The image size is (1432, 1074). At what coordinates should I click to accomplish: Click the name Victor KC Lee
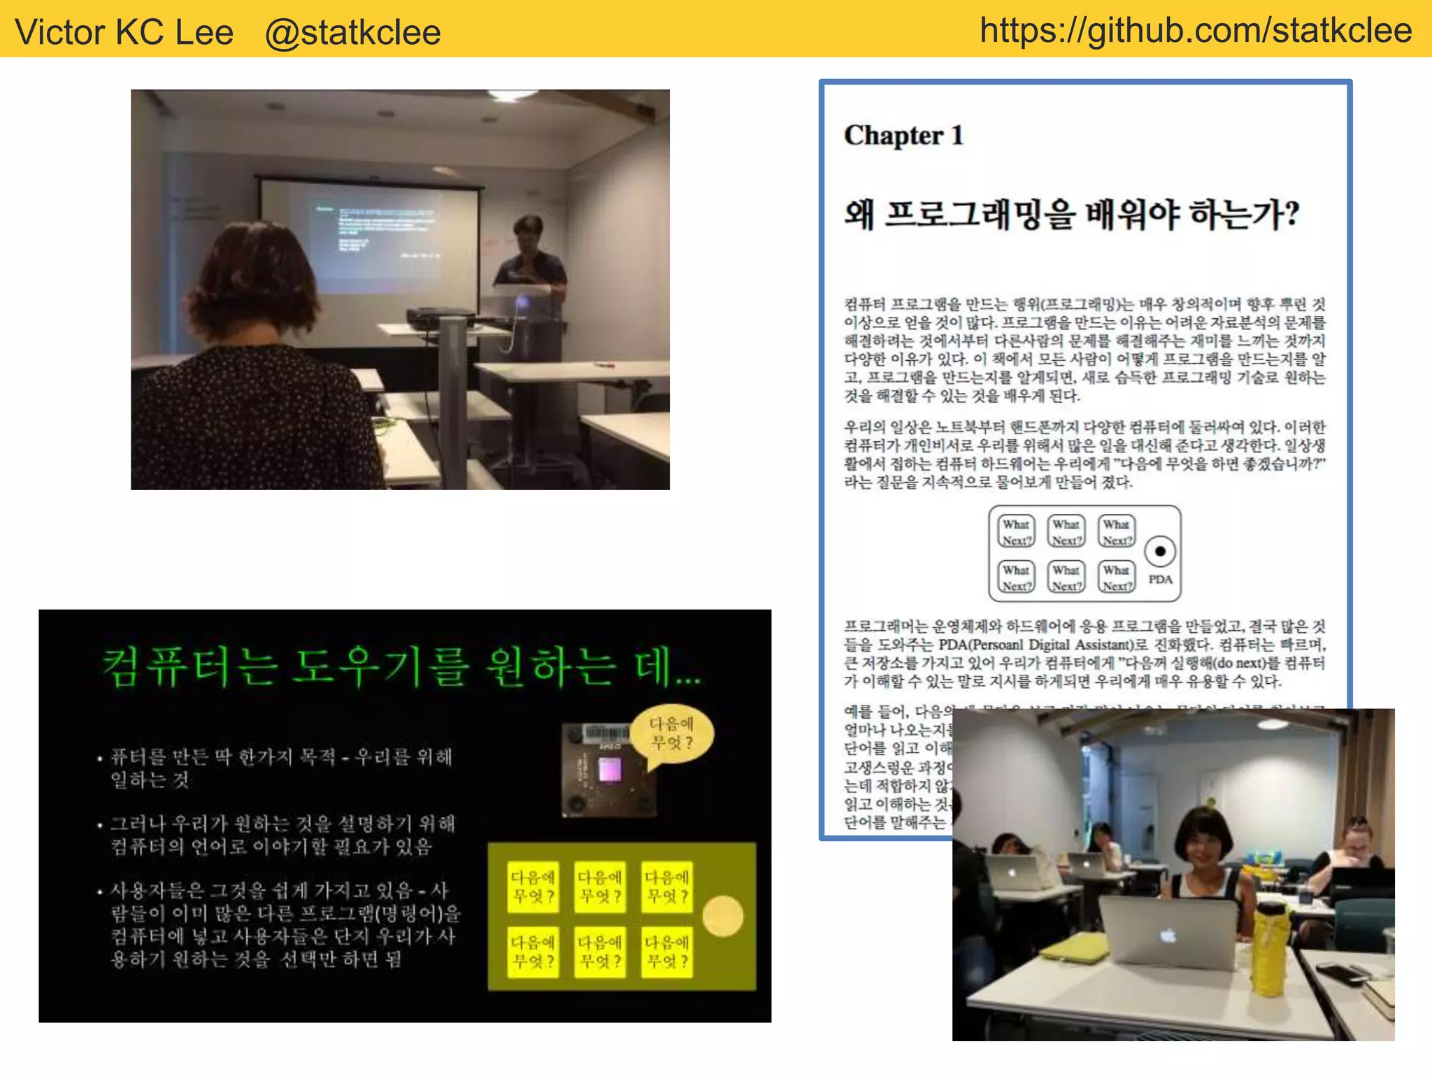point(124,32)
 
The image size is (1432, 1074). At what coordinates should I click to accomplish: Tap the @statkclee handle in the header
point(352,32)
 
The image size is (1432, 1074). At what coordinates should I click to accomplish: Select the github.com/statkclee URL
point(1196,31)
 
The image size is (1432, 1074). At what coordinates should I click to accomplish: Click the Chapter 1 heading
point(903,135)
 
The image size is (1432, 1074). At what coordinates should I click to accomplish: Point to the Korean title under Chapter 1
point(1071,214)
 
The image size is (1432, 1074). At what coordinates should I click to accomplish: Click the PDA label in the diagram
point(1160,580)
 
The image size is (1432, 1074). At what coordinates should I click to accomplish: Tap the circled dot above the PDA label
point(1160,551)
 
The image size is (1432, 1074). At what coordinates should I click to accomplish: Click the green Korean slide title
point(401,668)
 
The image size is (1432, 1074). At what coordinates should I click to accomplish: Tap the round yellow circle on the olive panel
point(723,916)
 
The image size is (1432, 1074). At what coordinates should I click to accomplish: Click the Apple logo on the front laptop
point(1168,935)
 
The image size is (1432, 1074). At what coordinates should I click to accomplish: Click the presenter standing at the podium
point(529,259)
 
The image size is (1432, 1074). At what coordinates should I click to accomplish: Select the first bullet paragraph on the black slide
point(280,768)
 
